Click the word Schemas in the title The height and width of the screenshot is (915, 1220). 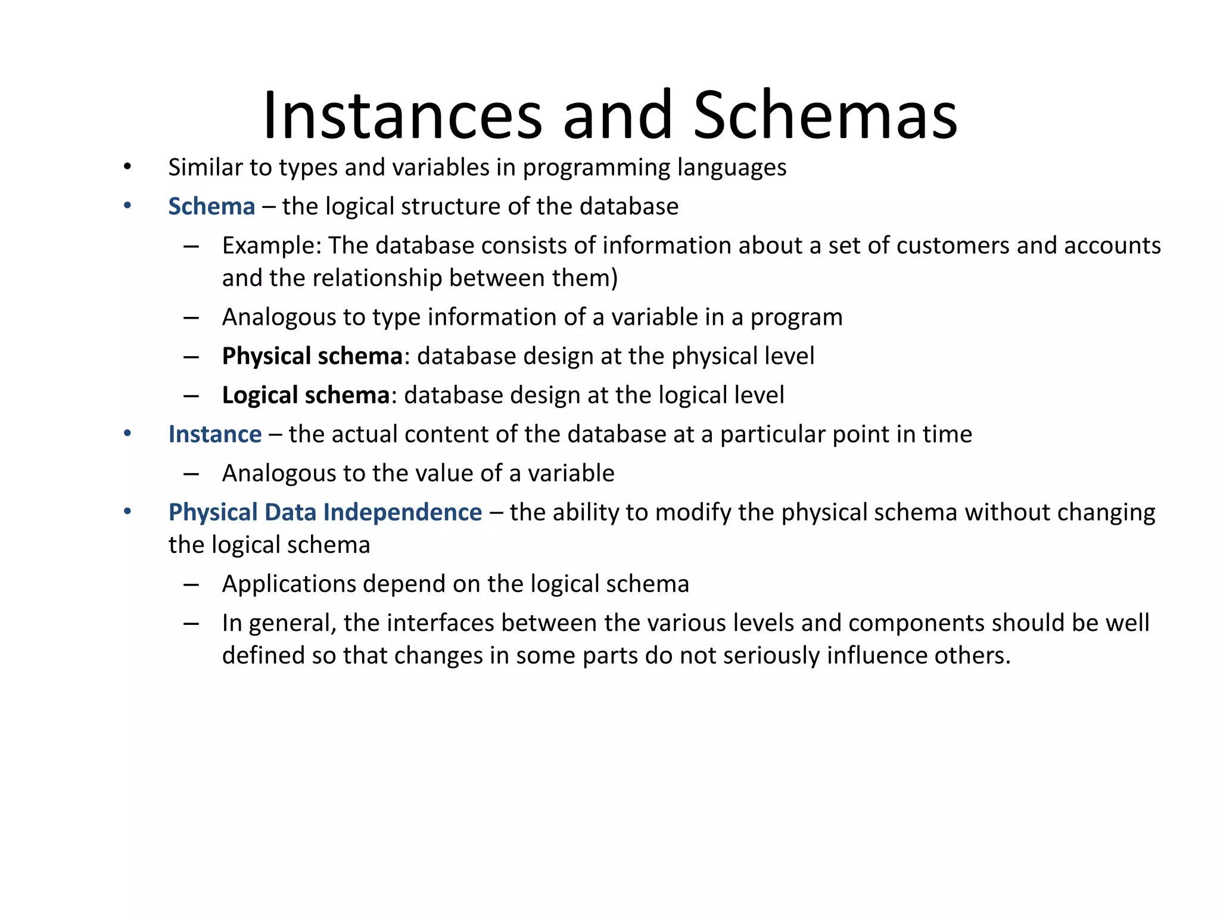pos(824,115)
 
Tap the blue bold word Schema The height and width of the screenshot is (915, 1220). pos(211,207)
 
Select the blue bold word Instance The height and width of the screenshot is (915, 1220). pos(215,434)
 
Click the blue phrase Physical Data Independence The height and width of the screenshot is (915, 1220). pos(325,512)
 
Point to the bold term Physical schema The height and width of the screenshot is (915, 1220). pos(312,356)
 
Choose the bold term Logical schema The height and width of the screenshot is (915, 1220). pos(306,396)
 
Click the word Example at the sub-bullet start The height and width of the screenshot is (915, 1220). pos(271,246)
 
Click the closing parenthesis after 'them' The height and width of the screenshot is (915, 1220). pos(614,279)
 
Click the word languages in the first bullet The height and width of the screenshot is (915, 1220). pos(732,168)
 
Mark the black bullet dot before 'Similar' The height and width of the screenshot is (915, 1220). pos(127,167)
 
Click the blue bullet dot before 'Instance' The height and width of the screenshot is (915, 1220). pos(127,433)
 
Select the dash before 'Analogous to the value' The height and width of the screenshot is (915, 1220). pos(191,474)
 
